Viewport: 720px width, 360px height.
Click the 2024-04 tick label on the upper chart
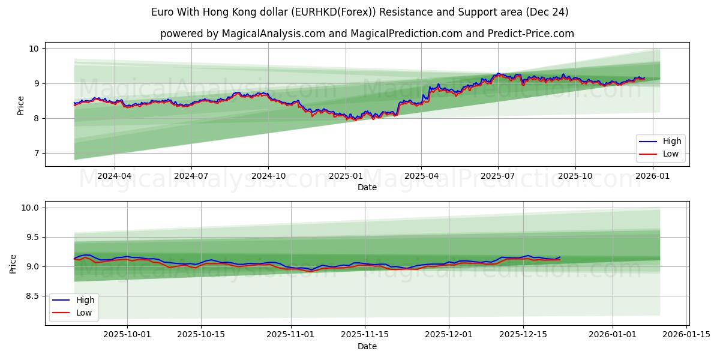114,176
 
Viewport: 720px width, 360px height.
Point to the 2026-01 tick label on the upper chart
652,176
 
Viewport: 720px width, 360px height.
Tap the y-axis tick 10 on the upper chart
34,49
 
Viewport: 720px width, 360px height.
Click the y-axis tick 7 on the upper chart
36,154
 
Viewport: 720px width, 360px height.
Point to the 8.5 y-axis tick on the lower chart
31,296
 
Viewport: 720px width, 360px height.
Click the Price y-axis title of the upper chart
20,106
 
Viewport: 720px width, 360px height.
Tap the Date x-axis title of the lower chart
367,346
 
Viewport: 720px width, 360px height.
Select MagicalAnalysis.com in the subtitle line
262,34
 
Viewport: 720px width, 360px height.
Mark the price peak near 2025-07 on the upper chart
497,73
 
